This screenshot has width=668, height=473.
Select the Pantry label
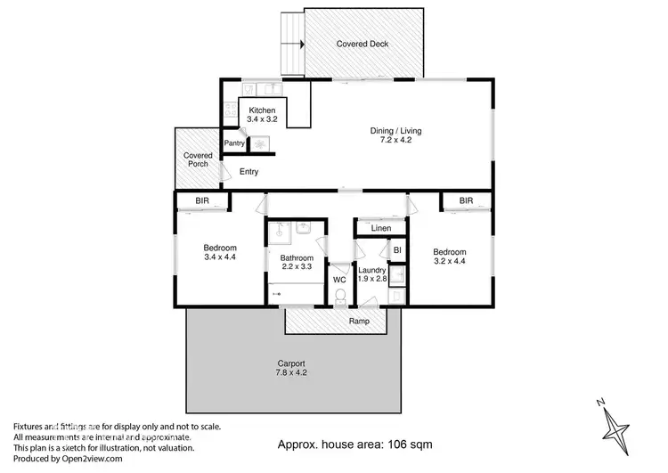click(x=234, y=143)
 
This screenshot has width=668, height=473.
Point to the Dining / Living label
click(x=395, y=136)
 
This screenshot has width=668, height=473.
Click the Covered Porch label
click(x=198, y=160)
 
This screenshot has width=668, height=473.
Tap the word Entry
click(x=248, y=172)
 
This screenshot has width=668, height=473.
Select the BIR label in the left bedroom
click(x=202, y=201)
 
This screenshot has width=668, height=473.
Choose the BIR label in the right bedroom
click(x=466, y=201)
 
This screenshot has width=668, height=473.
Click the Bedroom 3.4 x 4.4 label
click(x=219, y=252)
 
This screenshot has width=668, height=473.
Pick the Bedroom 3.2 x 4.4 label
click(x=449, y=257)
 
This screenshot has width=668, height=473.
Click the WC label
click(x=339, y=279)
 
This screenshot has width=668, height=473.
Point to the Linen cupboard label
click(x=381, y=229)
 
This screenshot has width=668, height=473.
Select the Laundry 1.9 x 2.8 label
click(x=371, y=274)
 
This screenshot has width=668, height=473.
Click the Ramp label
click(x=359, y=321)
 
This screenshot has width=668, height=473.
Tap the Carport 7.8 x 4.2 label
click(x=290, y=369)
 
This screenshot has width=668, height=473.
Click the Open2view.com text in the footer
click(x=91, y=459)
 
